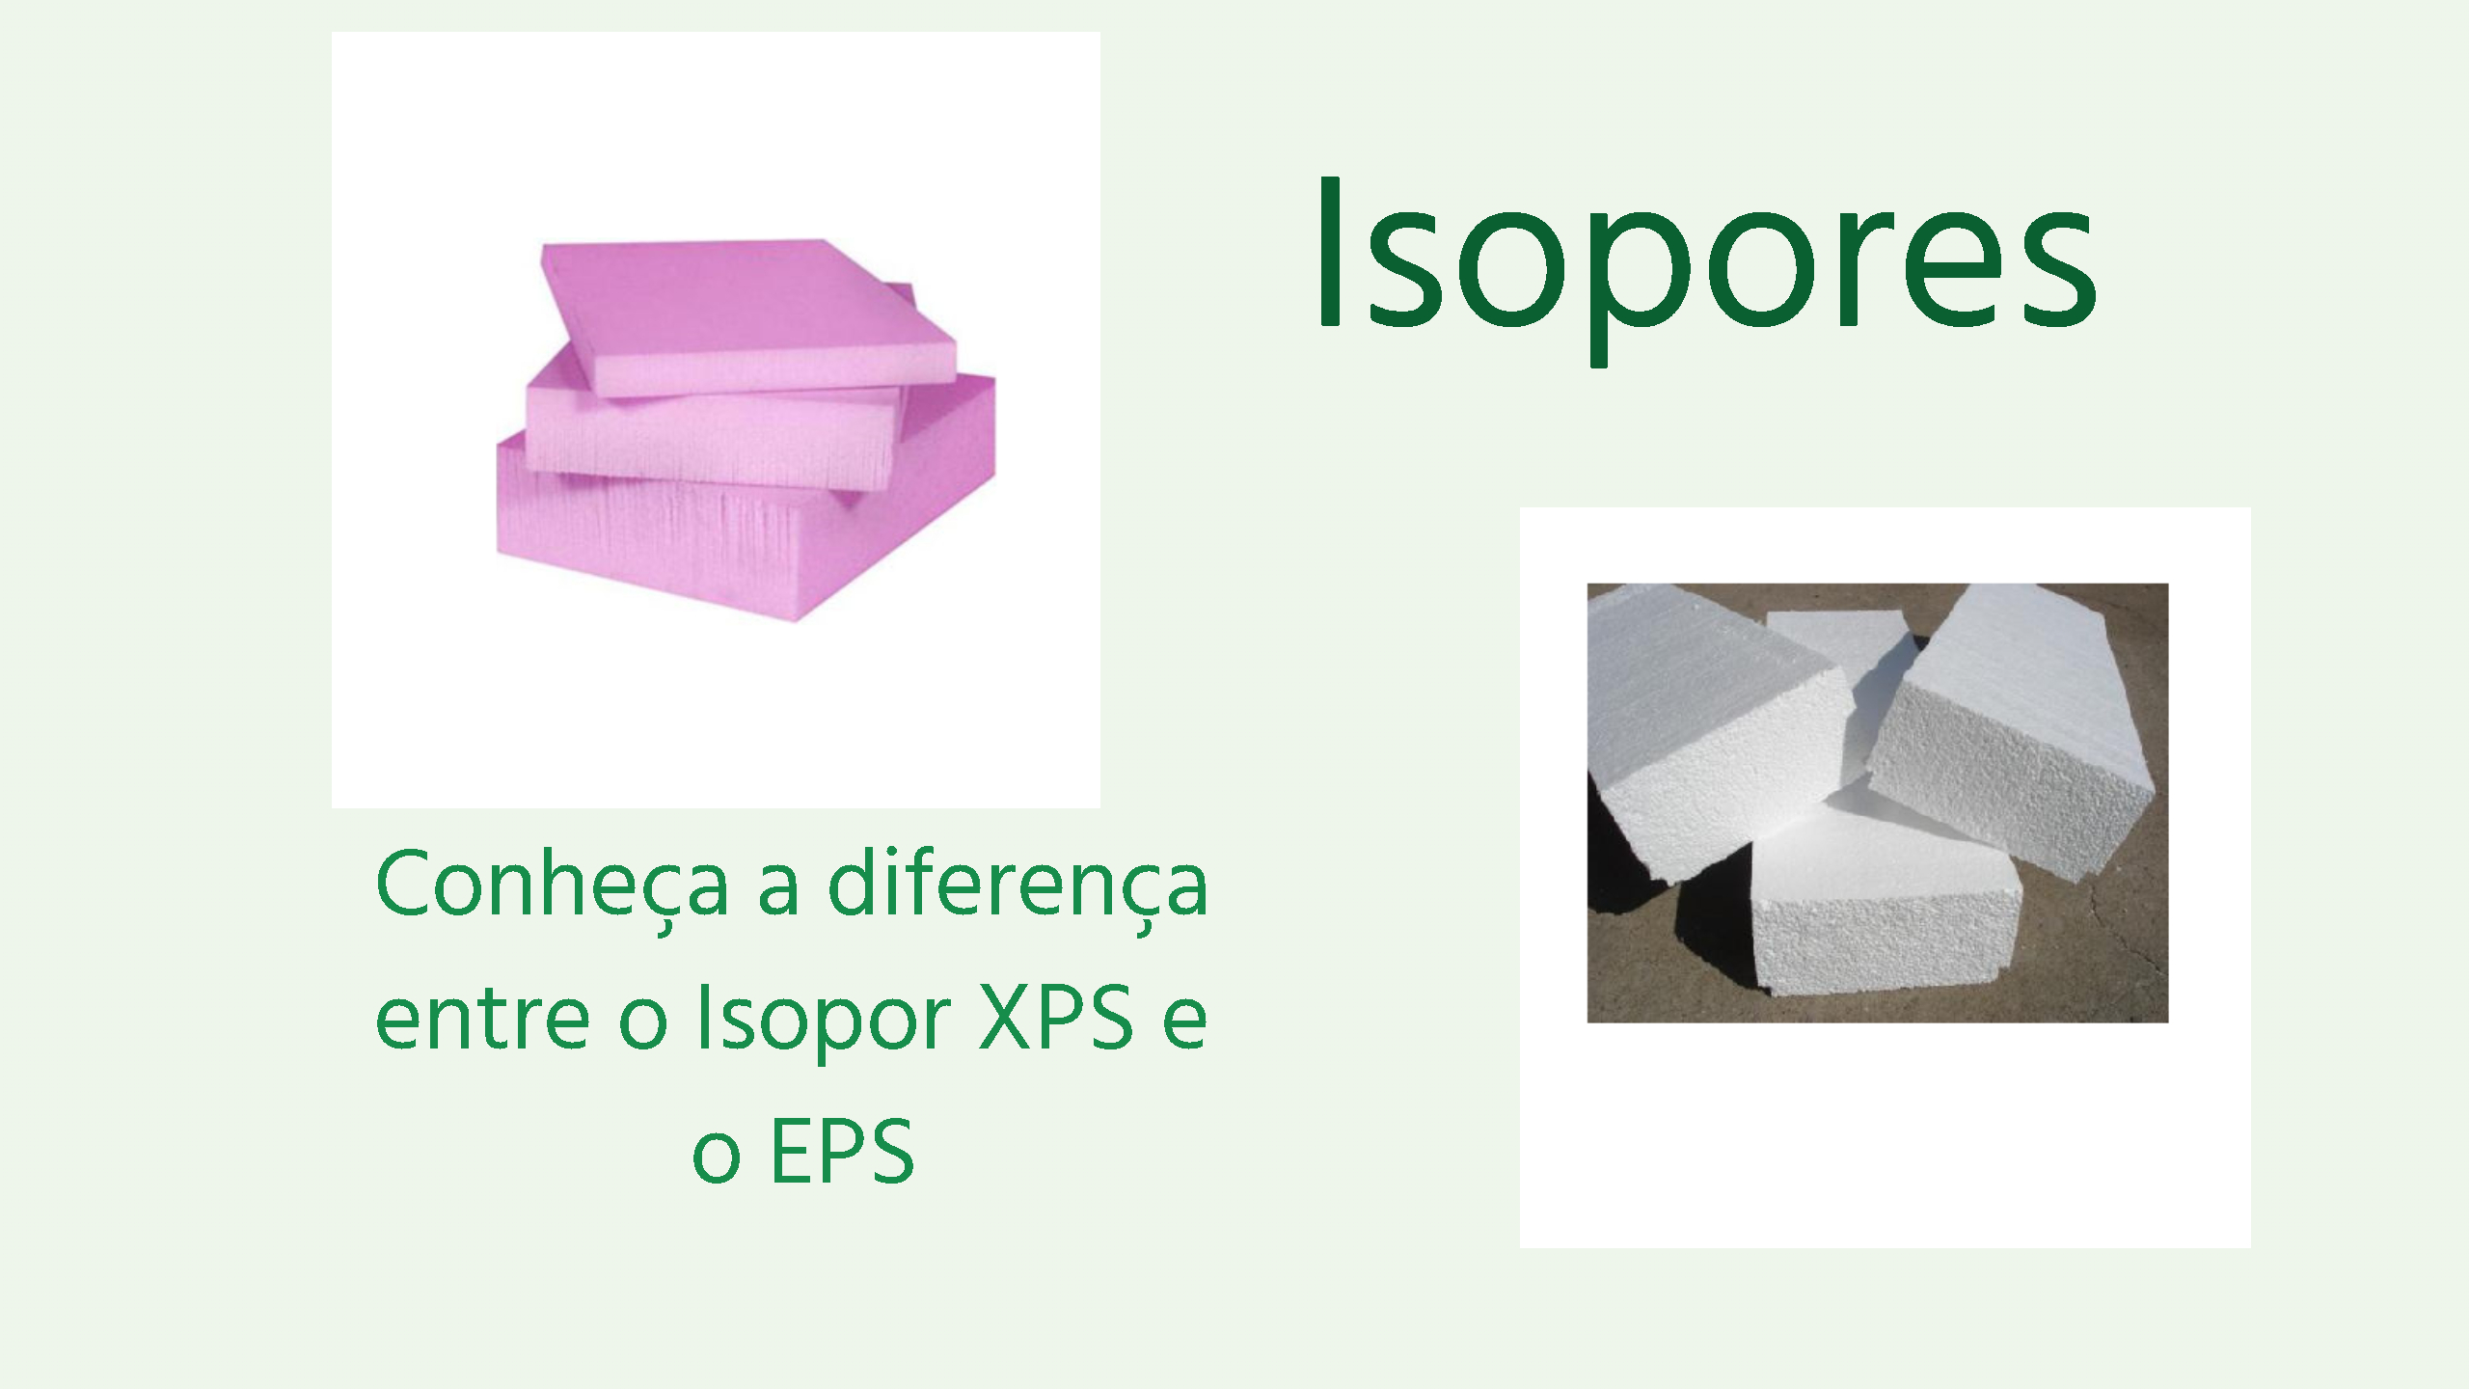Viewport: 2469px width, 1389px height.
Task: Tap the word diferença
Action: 1018,885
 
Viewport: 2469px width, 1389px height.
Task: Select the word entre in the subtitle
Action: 481,1019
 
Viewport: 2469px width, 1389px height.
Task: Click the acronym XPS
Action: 1056,1018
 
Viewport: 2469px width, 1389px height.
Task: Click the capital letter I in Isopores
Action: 1329,253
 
